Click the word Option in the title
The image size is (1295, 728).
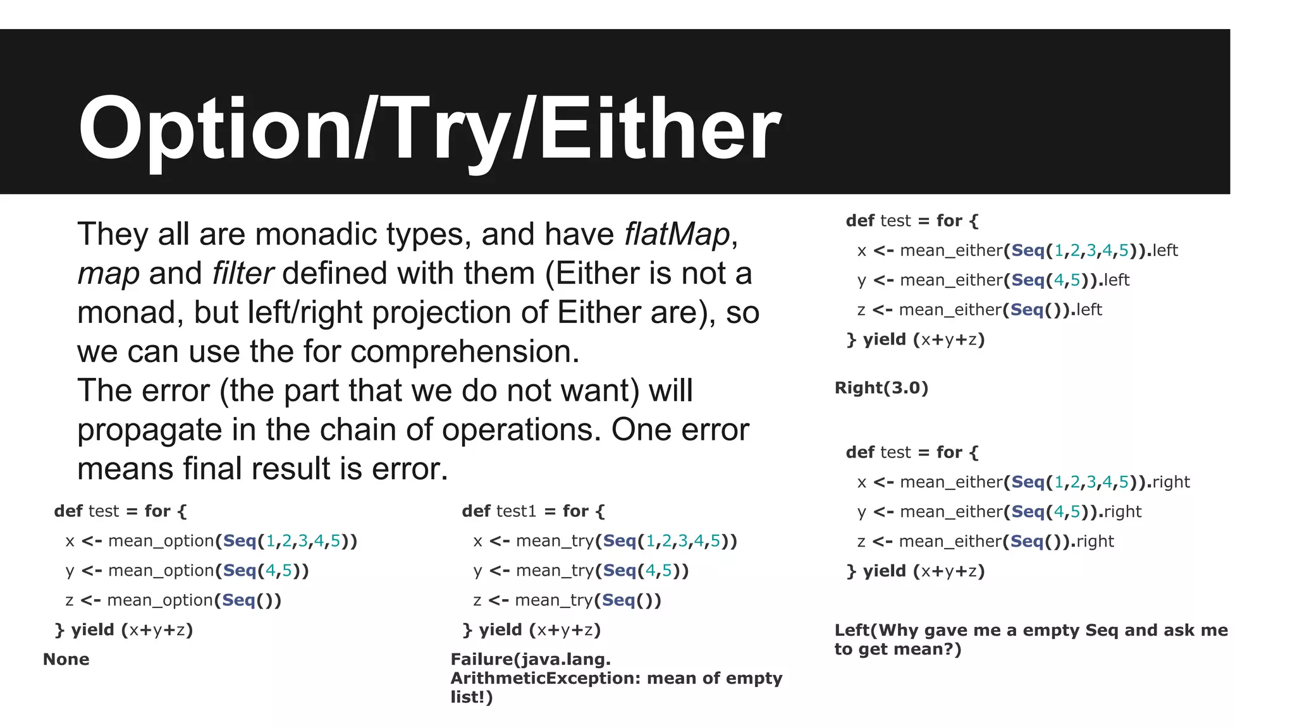coord(214,130)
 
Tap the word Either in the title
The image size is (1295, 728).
coord(660,130)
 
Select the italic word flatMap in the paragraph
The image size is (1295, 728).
coord(677,234)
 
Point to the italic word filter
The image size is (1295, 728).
coord(242,274)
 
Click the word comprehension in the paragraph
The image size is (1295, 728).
coord(465,351)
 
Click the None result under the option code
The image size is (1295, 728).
coord(66,659)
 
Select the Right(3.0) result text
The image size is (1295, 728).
coord(881,387)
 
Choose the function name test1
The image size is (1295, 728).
coord(516,511)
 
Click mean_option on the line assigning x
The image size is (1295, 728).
coord(161,541)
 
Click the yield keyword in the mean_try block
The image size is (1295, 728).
coord(500,629)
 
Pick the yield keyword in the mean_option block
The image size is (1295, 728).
coord(92,629)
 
